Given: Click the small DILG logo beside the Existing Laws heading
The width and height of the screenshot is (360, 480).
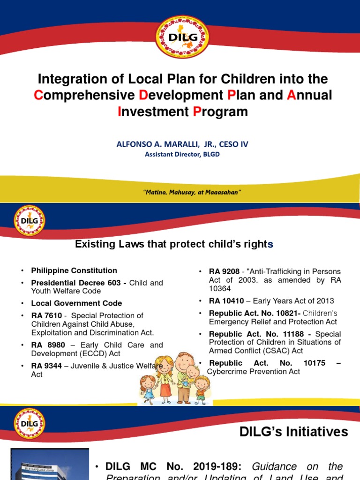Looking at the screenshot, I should click(30, 220).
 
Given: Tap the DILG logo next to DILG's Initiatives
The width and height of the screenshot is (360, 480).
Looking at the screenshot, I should click(30, 423).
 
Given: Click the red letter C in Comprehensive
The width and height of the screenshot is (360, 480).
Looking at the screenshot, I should click(38, 95).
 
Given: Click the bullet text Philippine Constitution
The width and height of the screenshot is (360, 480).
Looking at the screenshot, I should click(74, 270).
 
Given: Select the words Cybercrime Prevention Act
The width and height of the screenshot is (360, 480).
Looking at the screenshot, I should click(254, 372).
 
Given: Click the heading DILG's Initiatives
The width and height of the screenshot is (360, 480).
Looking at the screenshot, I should click(294, 432).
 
